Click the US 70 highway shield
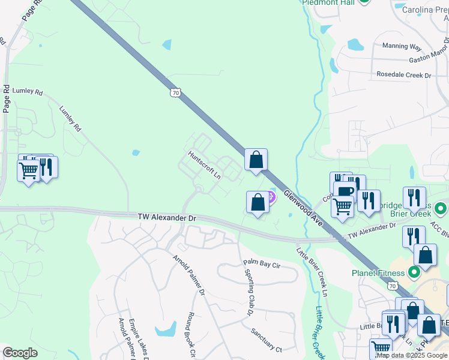175,92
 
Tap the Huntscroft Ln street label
205,164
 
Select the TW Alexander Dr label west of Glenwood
167,217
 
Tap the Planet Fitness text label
378,273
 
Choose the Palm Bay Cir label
262,263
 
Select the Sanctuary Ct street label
267,347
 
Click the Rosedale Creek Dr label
404,75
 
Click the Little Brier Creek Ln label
312,274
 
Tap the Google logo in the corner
20,352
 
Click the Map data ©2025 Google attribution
411,355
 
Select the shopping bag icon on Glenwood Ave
256,160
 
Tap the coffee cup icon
346,192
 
